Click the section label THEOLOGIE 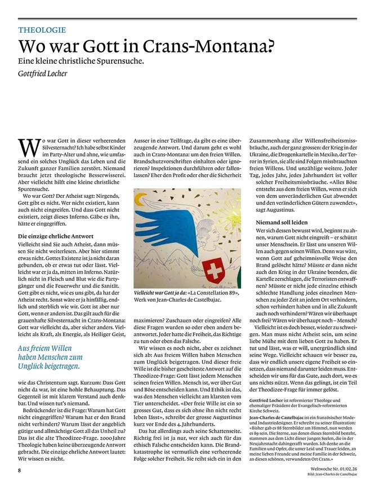pyautogui.click(x=42, y=30)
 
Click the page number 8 pyautogui.click(x=20, y=470)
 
